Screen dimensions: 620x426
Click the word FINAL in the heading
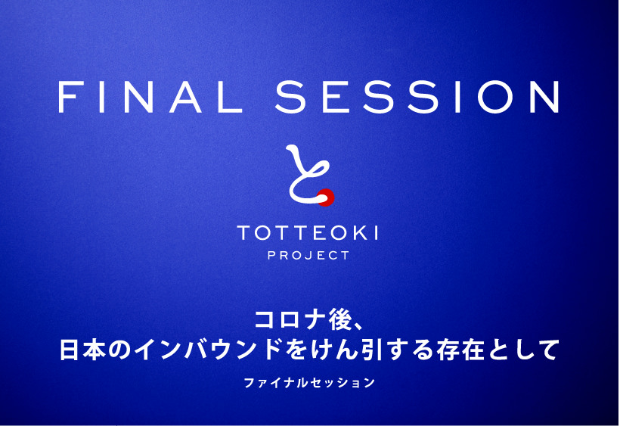[150, 97]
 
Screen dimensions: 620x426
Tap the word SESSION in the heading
[417, 97]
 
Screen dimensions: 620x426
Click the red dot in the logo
[326, 197]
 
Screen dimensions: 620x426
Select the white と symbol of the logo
[308, 174]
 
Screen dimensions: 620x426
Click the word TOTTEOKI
[308, 232]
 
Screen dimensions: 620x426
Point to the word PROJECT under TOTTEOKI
[308, 256]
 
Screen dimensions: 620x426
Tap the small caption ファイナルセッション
[309, 383]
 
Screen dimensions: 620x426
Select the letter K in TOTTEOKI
[360, 232]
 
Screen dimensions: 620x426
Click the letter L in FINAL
[230, 97]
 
